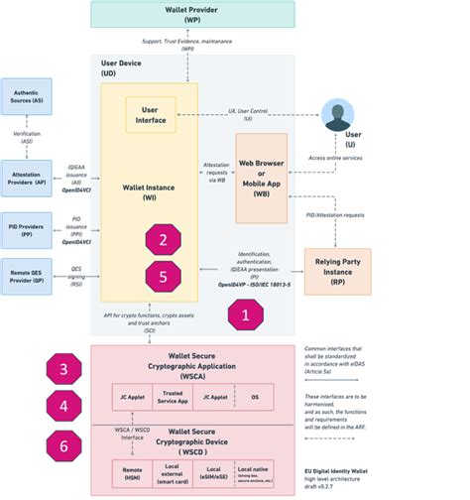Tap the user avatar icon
(338, 115)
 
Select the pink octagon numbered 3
(63, 369)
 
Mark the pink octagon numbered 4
(63, 406)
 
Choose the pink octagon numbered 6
(63, 446)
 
